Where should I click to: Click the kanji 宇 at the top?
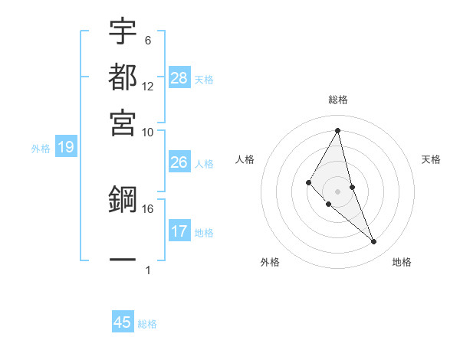(x=123, y=32)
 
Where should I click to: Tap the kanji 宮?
(x=123, y=122)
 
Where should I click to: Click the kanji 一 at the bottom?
(x=123, y=260)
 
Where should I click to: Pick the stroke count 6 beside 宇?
(x=148, y=40)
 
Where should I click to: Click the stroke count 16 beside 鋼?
(x=148, y=208)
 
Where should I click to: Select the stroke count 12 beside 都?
(x=148, y=86)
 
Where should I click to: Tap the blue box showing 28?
(x=179, y=77)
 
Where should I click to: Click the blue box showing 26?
(x=179, y=162)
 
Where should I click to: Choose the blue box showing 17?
(x=179, y=231)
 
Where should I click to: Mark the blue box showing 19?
(x=65, y=147)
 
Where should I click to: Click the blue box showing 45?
(x=123, y=322)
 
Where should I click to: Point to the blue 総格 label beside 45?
(x=147, y=324)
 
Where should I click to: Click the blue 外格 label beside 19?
(x=40, y=149)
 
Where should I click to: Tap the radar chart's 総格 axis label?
(x=338, y=100)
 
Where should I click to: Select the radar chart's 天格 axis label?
(x=431, y=159)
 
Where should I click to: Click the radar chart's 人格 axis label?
(x=245, y=159)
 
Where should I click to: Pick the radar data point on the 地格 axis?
(x=374, y=242)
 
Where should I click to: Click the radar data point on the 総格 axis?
(x=338, y=130)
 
